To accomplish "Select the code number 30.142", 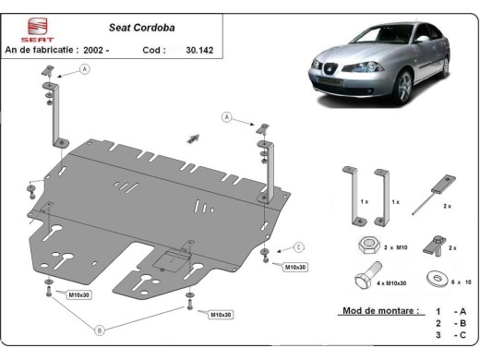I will pos(198,49).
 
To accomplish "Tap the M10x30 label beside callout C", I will pos(295,267).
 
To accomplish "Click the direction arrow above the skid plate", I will pos(193,138).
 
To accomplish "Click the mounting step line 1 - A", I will pos(453,312).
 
